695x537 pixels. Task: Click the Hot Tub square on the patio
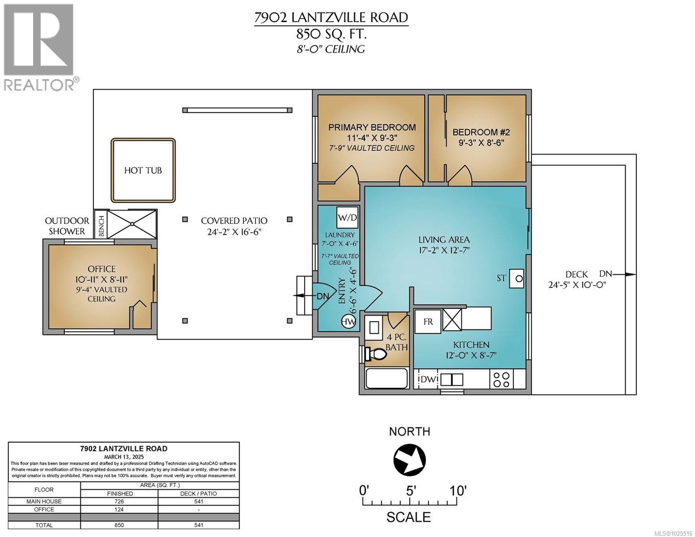[x=143, y=170]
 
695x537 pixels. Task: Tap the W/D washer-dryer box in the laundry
[x=347, y=218]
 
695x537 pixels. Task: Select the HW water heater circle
[x=349, y=321]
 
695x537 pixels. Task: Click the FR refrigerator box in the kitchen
[x=428, y=321]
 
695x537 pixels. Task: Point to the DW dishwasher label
[x=427, y=380]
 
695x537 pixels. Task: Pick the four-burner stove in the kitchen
[x=502, y=379]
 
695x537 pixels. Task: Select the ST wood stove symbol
[x=518, y=278]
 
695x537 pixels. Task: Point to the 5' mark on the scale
[x=411, y=490]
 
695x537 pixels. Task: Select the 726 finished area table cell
[x=119, y=501]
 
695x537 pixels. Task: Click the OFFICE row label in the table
[x=44, y=509]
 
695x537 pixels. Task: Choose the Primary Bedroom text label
[x=372, y=128]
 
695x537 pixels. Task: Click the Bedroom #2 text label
[x=481, y=132]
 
